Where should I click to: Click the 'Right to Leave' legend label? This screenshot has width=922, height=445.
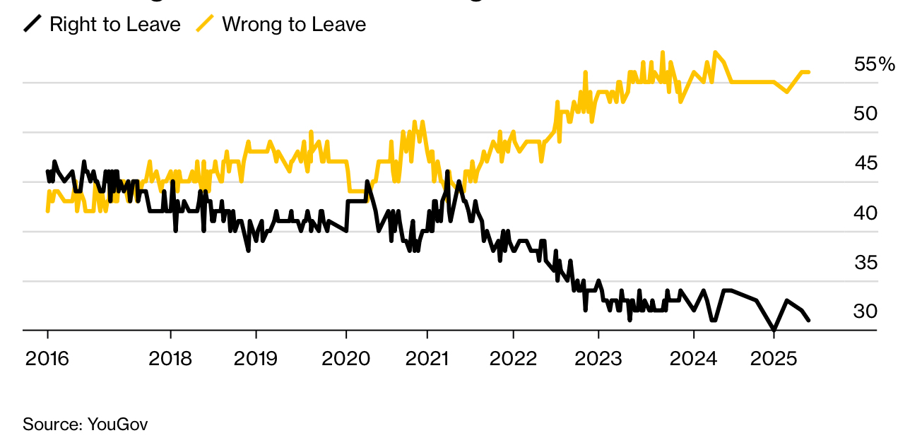tap(115, 25)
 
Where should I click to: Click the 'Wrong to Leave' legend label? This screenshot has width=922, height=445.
tap(294, 25)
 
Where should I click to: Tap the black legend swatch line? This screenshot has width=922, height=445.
tap(32, 25)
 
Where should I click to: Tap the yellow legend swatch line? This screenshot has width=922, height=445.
tap(205, 25)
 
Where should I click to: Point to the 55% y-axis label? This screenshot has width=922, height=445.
tap(874, 64)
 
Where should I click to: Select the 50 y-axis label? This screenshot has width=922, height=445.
tap(865, 114)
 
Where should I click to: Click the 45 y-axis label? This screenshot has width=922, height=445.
tap(865, 163)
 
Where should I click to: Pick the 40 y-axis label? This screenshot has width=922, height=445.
tap(865, 213)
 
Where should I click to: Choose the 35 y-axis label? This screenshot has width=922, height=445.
tap(865, 263)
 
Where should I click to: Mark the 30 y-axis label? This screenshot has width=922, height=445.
tap(865, 311)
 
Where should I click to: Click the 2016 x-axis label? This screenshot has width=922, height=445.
tap(47, 359)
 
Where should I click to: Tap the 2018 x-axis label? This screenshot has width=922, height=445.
tap(171, 359)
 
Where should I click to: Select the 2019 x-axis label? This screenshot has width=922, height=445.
tap(256, 359)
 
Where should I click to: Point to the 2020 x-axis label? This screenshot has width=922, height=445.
tap(345, 359)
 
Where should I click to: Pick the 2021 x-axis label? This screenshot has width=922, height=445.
tap(427, 359)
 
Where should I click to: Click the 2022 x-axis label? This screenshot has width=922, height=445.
tap(513, 359)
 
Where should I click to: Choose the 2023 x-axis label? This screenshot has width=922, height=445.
tap(598, 359)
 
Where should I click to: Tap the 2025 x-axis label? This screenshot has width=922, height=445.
tap(774, 359)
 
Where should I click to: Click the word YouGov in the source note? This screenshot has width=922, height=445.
tap(117, 425)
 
